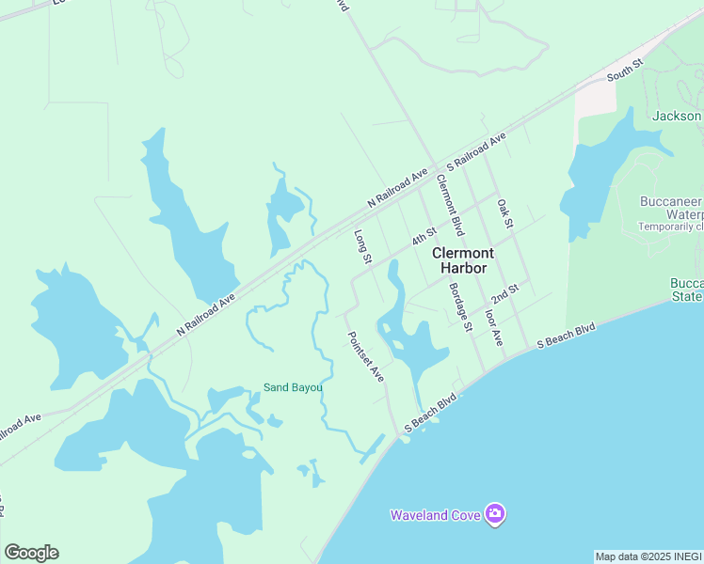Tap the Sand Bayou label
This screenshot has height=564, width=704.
point(293,387)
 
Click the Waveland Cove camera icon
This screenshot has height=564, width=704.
point(495,514)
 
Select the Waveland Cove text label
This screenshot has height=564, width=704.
point(435,515)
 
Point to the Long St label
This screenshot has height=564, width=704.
point(363,246)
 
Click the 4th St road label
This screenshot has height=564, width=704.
point(424,235)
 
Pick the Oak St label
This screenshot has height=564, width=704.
point(504,213)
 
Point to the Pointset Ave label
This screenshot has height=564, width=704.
point(365,356)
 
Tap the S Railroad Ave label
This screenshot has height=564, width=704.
point(476,150)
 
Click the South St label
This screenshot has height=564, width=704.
point(624,69)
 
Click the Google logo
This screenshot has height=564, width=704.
point(31,553)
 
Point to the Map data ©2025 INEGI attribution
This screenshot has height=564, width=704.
point(648,556)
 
